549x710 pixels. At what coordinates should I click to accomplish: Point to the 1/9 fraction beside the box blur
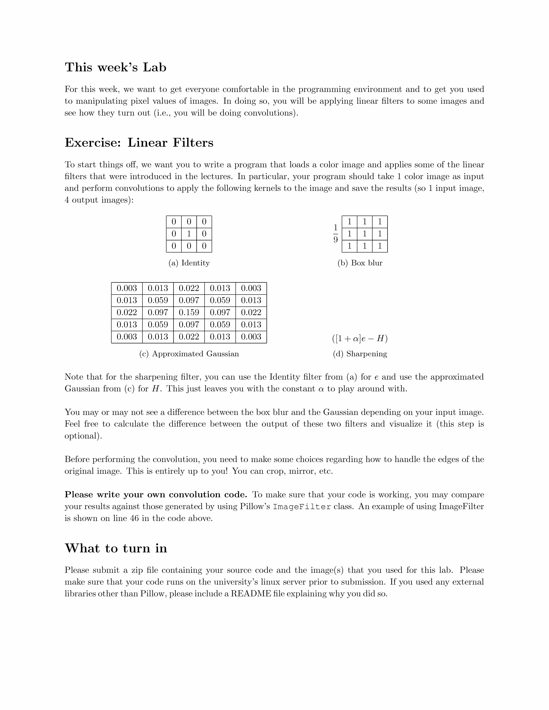335,234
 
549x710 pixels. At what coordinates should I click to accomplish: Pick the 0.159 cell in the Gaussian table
189,312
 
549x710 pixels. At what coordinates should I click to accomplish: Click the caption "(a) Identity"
189,263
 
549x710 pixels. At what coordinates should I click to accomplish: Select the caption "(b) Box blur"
360,263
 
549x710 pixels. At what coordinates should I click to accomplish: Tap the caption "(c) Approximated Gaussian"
189,354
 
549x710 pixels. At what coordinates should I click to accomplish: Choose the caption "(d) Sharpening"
360,354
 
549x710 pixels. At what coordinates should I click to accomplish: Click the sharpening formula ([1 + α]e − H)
360,339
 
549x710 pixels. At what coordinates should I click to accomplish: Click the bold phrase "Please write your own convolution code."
156,495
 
